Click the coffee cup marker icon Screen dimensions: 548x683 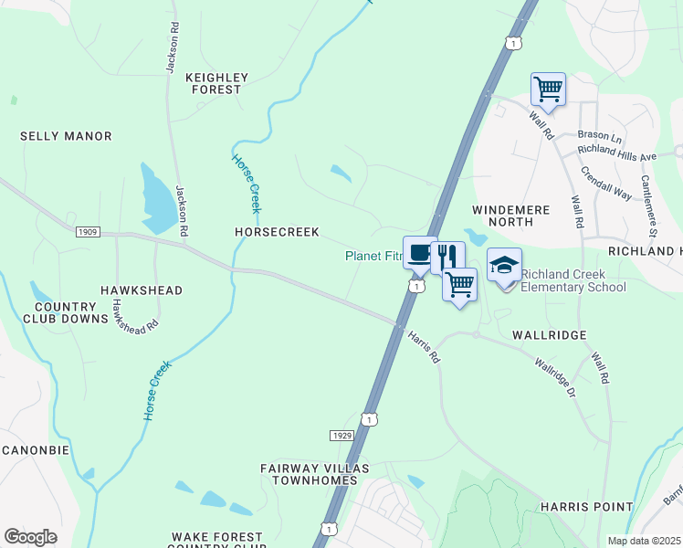tap(419, 254)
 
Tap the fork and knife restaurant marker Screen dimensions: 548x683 tap(447, 256)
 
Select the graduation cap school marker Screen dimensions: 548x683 tap(504, 265)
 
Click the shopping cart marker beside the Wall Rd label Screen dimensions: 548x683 tap(548, 90)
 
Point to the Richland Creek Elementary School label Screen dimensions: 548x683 tap(573, 280)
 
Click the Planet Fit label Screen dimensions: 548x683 tap(373, 257)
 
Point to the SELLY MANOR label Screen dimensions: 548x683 tap(66, 136)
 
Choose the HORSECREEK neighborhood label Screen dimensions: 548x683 tap(277, 233)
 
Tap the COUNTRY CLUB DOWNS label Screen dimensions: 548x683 tap(64, 313)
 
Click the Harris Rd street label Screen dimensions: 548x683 tap(424, 348)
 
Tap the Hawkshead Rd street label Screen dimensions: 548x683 tap(134, 312)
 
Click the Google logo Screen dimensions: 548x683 tap(30, 537)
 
